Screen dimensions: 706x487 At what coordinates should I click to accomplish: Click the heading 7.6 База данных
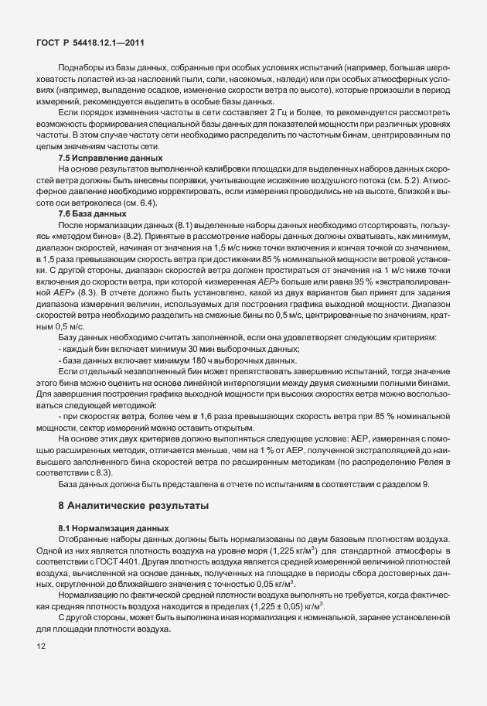click(x=90, y=213)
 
